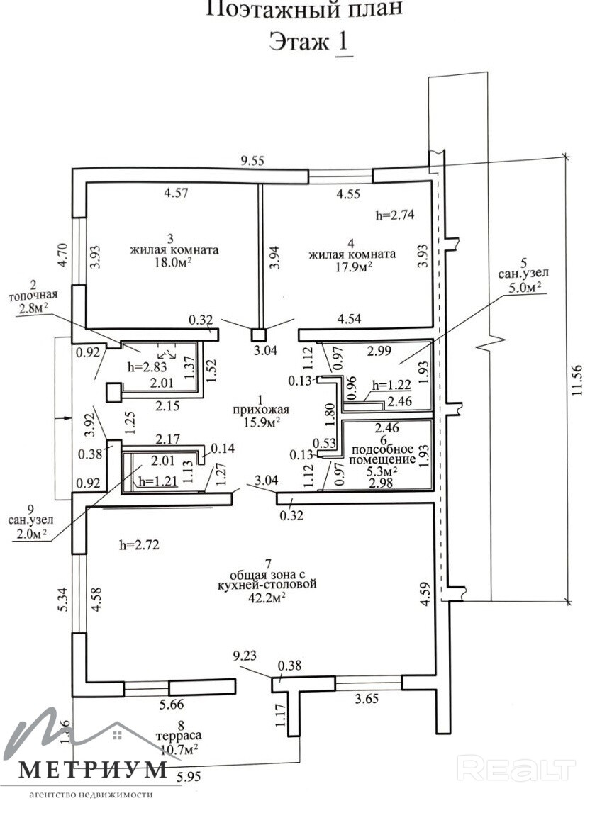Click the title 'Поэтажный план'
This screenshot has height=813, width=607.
[304, 9]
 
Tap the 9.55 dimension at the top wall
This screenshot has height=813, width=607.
[252, 161]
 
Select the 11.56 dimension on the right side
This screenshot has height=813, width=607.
[579, 380]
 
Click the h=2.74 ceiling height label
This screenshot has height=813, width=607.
[395, 215]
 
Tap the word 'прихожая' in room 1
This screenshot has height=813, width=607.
[261, 410]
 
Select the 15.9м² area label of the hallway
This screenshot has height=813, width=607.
[262, 421]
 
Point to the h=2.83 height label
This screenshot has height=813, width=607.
[147, 367]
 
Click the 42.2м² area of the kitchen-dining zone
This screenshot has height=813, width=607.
[268, 596]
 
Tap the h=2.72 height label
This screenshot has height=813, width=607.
[139, 545]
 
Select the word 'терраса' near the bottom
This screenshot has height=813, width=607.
[179, 736]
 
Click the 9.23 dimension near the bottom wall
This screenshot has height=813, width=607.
[245, 656]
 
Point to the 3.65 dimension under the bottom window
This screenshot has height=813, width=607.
[367, 699]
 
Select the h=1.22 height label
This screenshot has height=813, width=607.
[391, 386]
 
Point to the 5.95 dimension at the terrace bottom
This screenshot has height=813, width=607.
[189, 778]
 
